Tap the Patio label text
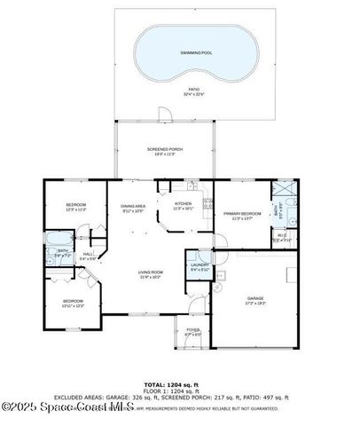pos(193,91)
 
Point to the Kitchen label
pos(183,205)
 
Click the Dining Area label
pos(132,207)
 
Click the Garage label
pos(255,300)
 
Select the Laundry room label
pos(199,264)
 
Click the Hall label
pos(89,255)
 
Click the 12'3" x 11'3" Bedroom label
pos(75,207)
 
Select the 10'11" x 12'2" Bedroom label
pos(73,303)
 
